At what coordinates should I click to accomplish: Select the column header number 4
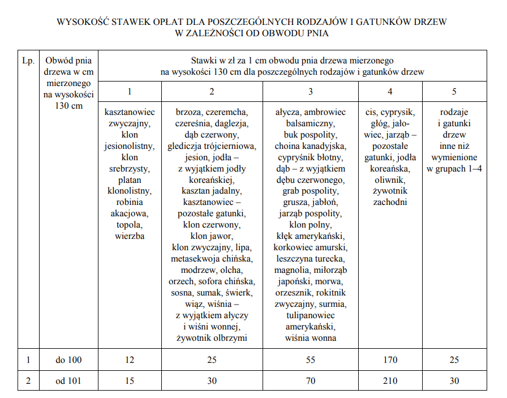pyautogui.click(x=390, y=91)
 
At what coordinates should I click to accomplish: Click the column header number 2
pyautogui.click(x=212, y=91)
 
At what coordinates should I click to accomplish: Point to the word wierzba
pyautogui.click(x=130, y=236)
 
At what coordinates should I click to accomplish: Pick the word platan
pyautogui.click(x=130, y=179)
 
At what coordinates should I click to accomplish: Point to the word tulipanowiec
pyautogui.click(x=310, y=315)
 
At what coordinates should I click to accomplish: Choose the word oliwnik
pyautogui.click(x=390, y=179)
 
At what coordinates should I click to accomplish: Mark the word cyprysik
pyautogui.click(x=398, y=112)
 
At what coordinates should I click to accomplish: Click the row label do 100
pyautogui.click(x=68, y=360)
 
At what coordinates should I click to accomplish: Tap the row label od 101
pyautogui.click(x=68, y=381)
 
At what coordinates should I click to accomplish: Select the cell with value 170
pyautogui.click(x=390, y=360)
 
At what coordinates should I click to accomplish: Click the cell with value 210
pyautogui.click(x=390, y=381)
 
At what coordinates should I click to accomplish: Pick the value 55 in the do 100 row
pyautogui.click(x=310, y=360)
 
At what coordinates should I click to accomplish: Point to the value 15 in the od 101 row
pyautogui.click(x=130, y=381)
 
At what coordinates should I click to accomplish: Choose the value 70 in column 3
pyautogui.click(x=310, y=381)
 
